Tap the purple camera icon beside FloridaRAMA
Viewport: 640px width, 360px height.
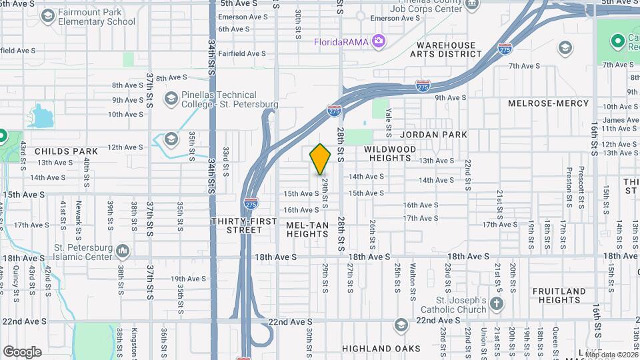point(379,41)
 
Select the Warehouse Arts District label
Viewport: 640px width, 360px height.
point(446,50)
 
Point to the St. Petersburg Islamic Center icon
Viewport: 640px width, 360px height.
point(123,251)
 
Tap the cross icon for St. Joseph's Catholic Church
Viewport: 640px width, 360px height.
point(496,303)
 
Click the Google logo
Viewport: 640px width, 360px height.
point(22,352)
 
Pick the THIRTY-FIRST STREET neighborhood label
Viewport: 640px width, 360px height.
point(237,225)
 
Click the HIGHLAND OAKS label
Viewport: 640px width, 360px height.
point(381,349)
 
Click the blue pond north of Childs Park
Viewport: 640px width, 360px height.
point(42,116)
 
